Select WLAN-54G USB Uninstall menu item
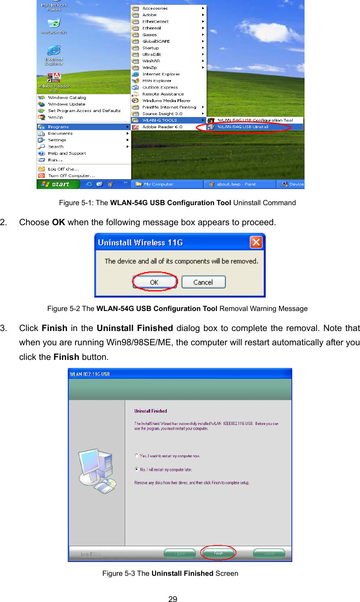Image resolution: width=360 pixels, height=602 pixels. click(243, 127)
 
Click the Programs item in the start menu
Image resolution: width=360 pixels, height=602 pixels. click(59, 127)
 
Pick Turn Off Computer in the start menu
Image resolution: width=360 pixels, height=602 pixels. click(71, 176)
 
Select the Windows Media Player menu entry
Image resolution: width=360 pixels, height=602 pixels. click(166, 100)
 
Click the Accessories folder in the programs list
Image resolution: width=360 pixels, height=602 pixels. click(155, 8)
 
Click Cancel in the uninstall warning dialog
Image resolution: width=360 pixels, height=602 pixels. click(203, 282)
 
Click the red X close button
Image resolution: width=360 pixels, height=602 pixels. click(256, 242)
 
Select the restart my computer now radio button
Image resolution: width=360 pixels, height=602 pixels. click(137, 456)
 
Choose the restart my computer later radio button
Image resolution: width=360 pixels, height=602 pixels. click(137, 469)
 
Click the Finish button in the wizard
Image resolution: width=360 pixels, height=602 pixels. click(218, 554)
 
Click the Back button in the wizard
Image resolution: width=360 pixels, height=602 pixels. click(180, 554)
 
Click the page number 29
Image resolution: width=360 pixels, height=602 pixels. click(173, 599)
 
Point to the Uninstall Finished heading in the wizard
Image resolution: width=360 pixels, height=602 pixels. click(151, 411)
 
